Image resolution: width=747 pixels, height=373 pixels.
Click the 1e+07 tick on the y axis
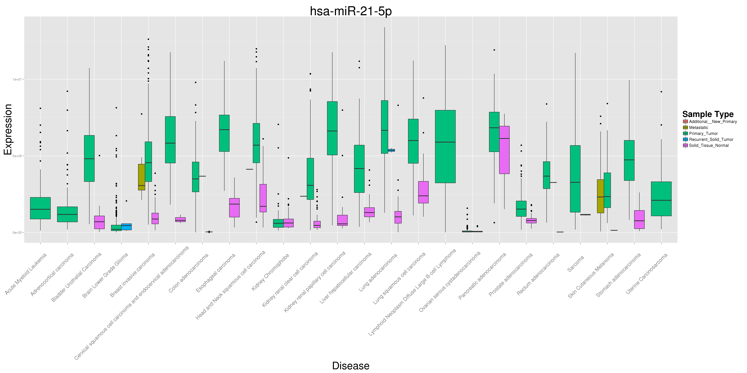(x=17, y=79)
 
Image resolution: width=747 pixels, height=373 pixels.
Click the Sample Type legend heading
(x=708, y=114)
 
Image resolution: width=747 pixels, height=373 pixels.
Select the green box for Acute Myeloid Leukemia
(x=40, y=208)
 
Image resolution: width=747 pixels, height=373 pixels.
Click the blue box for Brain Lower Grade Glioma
(x=126, y=227)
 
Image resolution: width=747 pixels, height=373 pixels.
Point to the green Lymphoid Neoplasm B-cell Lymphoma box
(x=445, y=147)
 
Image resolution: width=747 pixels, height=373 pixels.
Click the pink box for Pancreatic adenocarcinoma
(x=504, y=150)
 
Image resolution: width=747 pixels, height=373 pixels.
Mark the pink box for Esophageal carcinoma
(x=234, y=208)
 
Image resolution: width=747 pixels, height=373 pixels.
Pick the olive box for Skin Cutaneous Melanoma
(x=601, y=196)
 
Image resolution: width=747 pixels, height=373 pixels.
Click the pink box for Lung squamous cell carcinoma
(x=423, y=192)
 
